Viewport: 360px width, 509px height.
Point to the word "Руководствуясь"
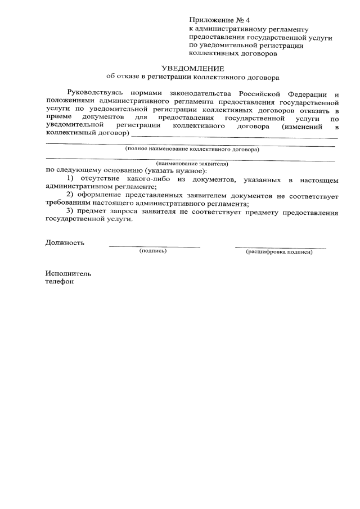pos(94,92)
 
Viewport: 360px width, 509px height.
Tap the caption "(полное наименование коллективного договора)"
pos(192,150)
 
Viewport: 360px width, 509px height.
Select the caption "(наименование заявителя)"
pos(192,164)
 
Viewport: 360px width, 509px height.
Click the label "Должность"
pos(65,243)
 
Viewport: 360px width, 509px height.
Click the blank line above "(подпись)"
pos(154,246)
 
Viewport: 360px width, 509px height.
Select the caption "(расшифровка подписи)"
pos(279,251)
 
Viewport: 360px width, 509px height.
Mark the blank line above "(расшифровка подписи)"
pos(280,247)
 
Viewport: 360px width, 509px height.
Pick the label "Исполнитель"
pos(67,273)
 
